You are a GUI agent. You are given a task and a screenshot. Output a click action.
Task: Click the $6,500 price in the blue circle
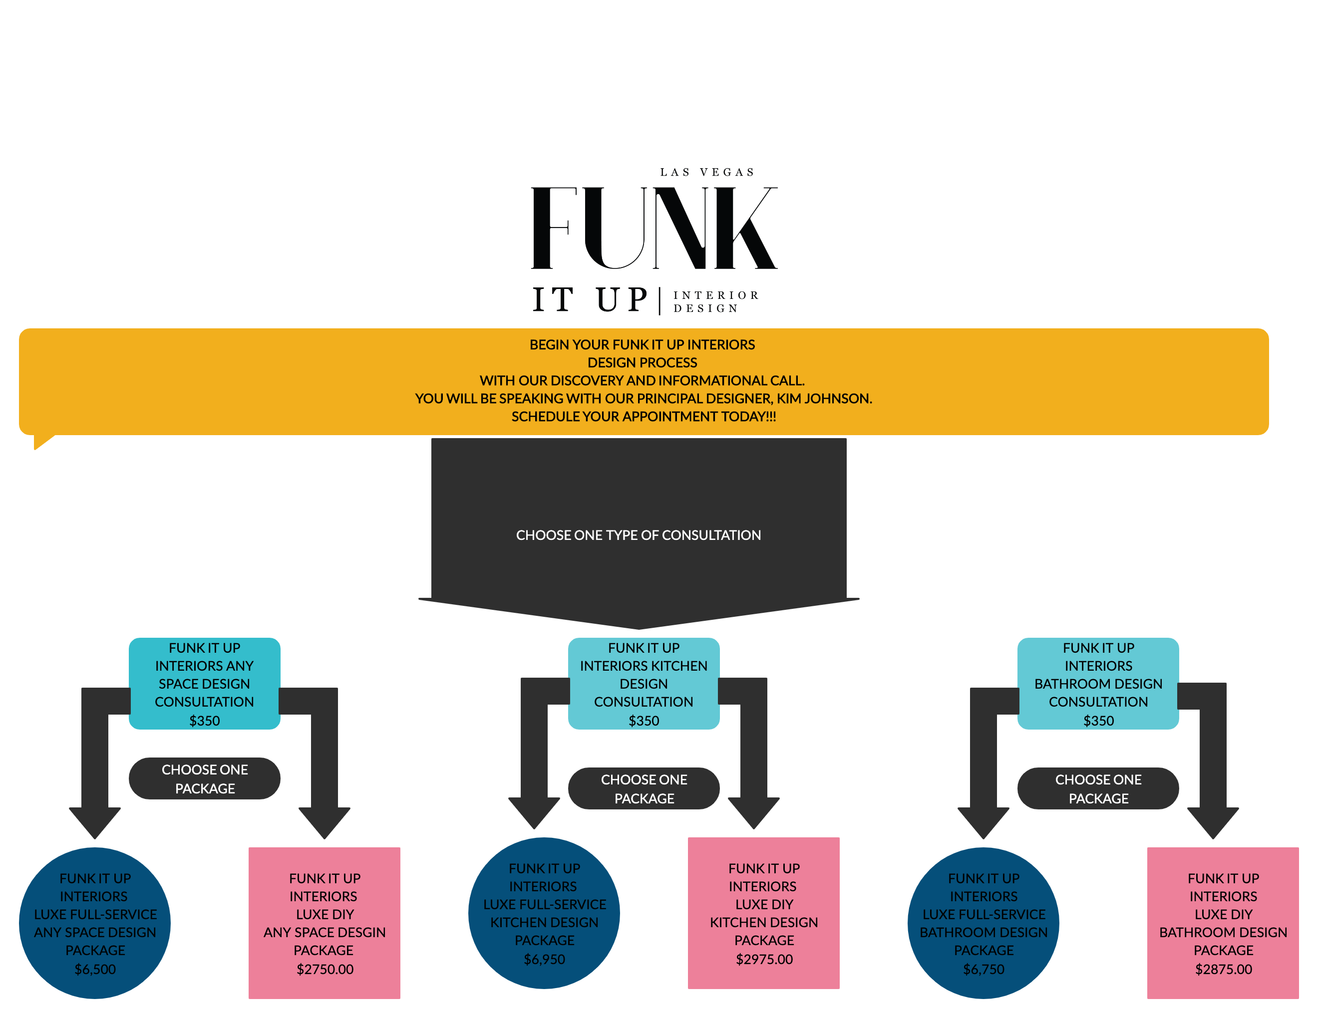95,969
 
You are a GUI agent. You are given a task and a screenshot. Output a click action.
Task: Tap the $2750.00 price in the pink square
325,969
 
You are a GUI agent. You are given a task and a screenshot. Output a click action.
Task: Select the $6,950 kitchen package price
544,959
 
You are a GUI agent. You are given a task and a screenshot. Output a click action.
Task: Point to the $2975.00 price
764,959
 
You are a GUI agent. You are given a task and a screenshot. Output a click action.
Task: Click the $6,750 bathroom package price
984,969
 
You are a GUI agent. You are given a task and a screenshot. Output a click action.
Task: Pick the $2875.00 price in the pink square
1223,969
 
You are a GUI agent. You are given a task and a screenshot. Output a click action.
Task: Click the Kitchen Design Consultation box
644,683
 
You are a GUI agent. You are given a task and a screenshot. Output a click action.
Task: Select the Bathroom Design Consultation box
1098,683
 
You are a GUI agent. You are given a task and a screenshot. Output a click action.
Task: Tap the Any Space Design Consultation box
204,683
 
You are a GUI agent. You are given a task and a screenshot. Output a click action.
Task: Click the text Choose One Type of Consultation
639,535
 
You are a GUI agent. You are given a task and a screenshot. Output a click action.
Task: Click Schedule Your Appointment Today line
644,417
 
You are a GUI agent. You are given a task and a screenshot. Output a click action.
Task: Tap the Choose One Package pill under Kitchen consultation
644,788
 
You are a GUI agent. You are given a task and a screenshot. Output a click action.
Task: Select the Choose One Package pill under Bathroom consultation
1098,788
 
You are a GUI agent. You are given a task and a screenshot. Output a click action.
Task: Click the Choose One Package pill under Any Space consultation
204,778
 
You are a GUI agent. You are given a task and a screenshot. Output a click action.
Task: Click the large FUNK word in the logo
653,228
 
